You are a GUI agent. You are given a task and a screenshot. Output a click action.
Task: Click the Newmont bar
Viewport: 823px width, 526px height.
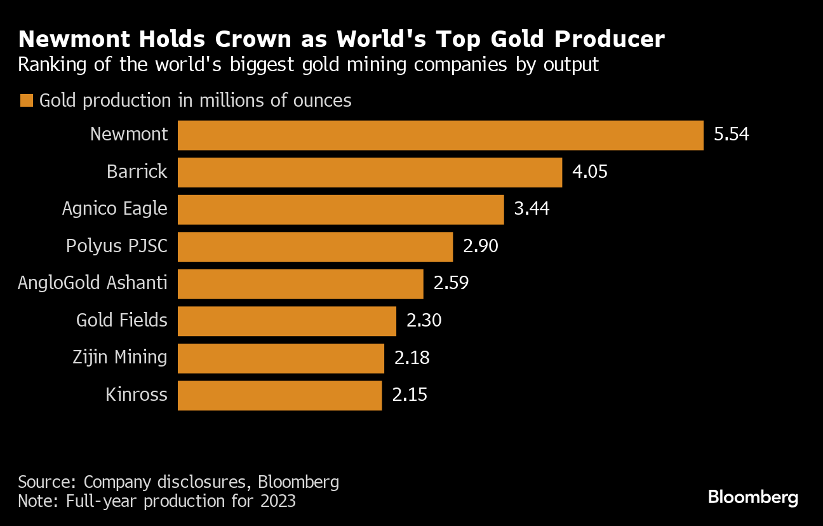[x=440, y=135]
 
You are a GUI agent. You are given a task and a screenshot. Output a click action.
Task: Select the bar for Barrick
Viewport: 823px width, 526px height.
[x=370, y=172]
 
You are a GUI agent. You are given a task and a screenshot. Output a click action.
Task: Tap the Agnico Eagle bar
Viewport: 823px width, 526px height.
[x=340, y=210]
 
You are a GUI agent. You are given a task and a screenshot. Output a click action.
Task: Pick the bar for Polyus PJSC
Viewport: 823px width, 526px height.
[x=315, y=246]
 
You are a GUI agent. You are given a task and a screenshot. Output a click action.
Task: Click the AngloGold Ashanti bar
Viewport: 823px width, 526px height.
[x=300, y=284]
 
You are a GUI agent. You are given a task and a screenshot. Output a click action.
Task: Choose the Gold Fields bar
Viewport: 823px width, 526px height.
[x=286, y=321]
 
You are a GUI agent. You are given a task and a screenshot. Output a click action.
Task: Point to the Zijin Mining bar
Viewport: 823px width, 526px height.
[x=281, y=358]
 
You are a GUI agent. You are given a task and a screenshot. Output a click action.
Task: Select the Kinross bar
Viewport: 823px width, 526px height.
[x=279, y=395]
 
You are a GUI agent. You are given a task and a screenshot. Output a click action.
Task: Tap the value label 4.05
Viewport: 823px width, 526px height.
[x=590, y=172]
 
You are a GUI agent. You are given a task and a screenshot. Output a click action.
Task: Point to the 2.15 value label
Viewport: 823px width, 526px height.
[x=410, y=395]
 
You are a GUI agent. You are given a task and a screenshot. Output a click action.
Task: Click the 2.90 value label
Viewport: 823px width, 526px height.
[x=481, y=246]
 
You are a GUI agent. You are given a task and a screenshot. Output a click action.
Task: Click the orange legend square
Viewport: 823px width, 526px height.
[x=27, y=101]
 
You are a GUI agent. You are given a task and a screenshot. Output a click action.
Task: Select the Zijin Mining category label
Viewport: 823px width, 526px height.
[x=120, y=358]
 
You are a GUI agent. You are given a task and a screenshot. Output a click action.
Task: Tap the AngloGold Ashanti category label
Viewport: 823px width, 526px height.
[x=93, y=283]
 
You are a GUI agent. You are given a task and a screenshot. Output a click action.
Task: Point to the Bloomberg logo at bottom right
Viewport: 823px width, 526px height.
[x=753, y=497]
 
